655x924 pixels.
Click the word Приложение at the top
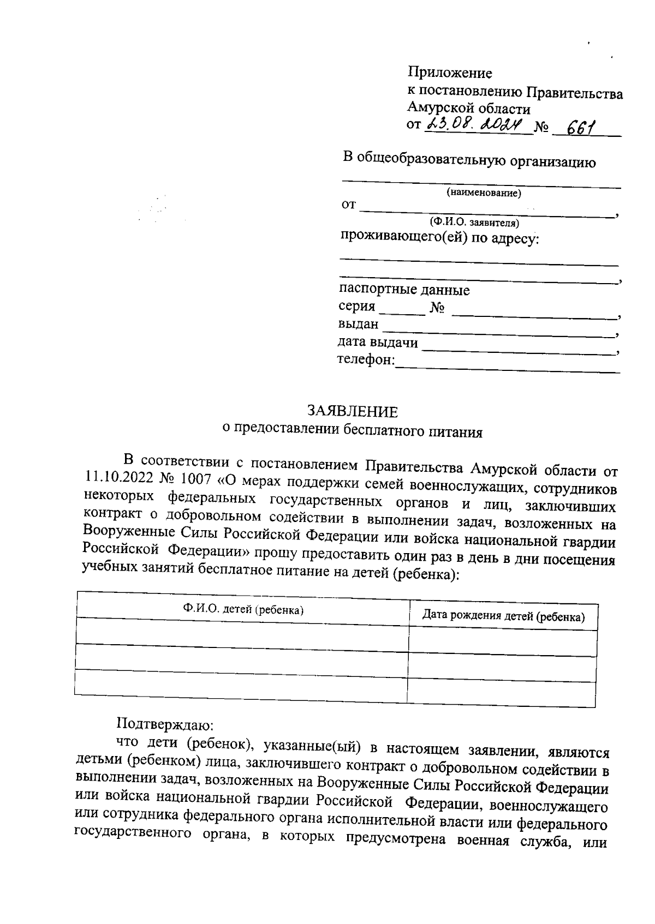(x=450, y=73)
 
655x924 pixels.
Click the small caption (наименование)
(x=484, y=193)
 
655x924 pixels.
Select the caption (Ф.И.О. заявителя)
(x=474, y=223)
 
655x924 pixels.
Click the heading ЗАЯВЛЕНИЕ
(x=352, y=411)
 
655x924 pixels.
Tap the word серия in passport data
(x=356, y=306)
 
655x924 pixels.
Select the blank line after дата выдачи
(x=519, y=351)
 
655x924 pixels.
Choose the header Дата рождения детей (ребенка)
(x=503, y=617)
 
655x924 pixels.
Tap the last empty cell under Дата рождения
(x=501, y=693)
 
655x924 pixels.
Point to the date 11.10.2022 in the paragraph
(x=118, y=478)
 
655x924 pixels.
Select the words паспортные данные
(x=404, y=289)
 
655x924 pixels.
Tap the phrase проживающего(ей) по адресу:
(x=439, y=238)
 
